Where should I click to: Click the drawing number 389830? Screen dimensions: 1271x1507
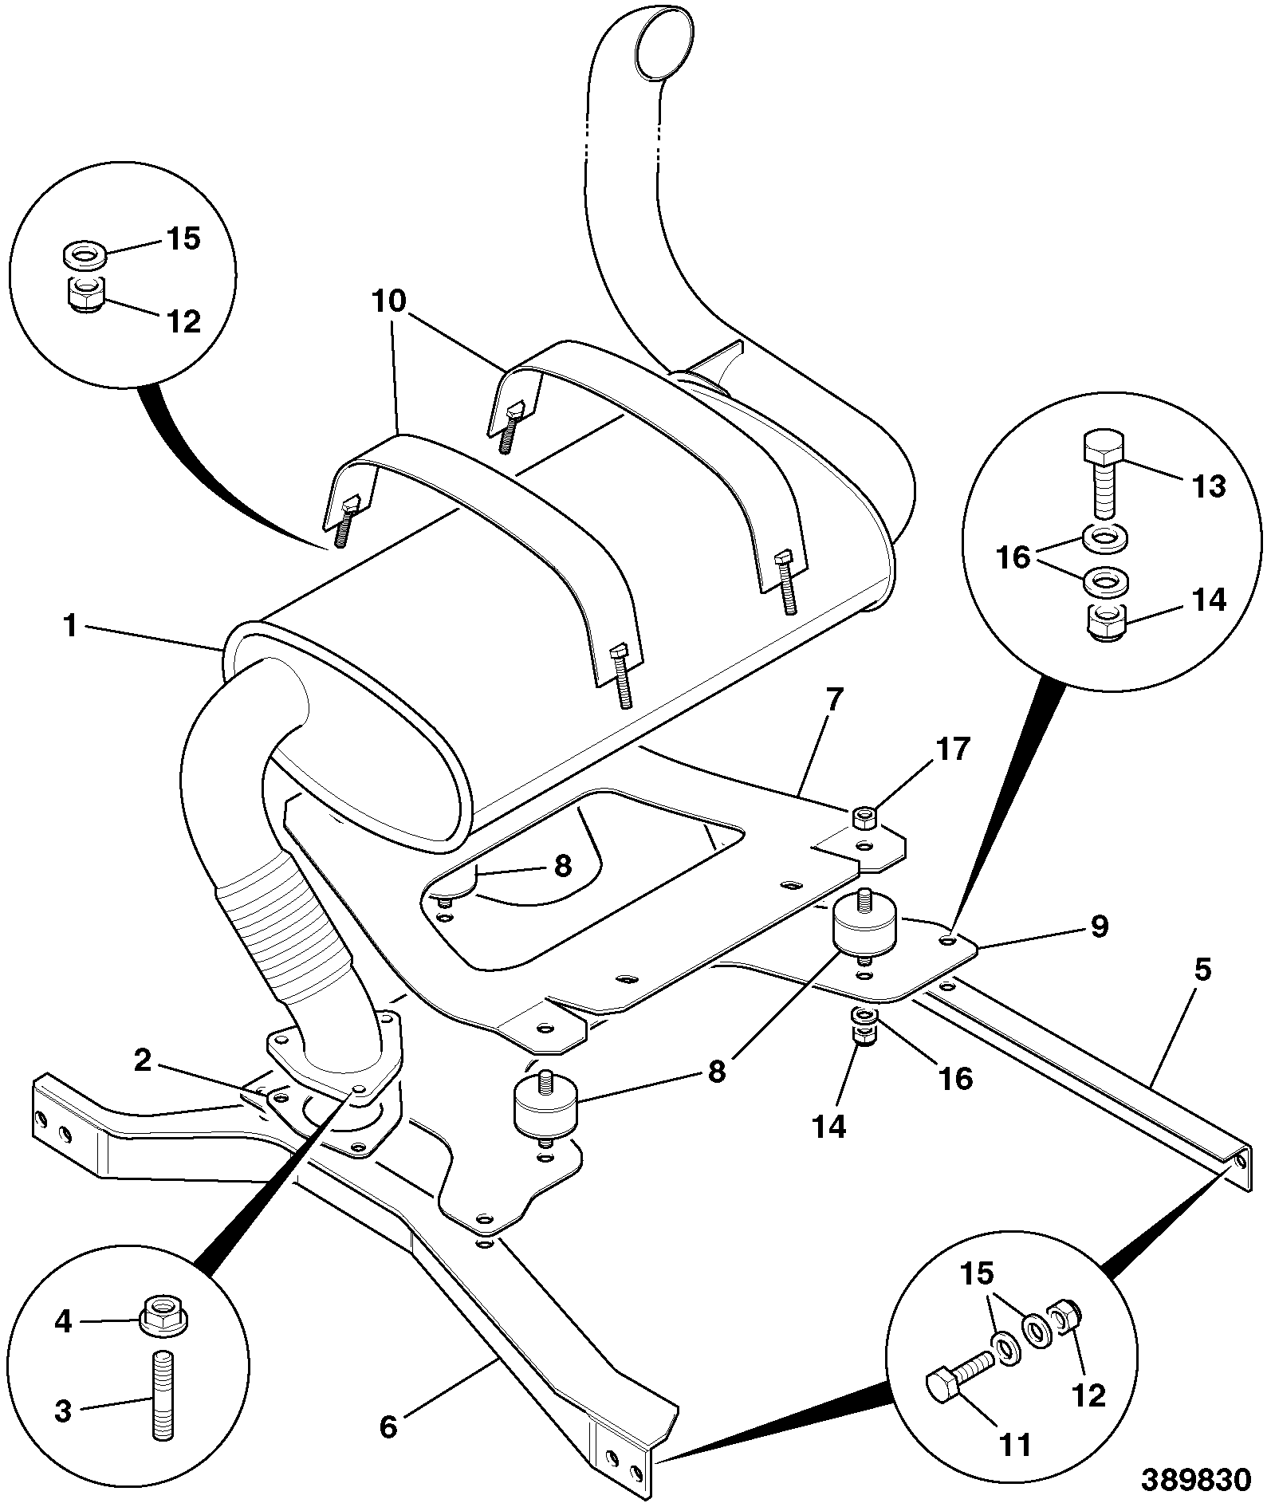[x=1195, y=1480]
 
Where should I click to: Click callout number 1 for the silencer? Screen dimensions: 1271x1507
[x=72, y=626]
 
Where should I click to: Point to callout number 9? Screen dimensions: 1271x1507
[x=1099, y=926]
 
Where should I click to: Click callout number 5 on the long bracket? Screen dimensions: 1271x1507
[x=1202, y=970]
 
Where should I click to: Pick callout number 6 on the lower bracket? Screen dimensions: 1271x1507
[x=388, y=1426]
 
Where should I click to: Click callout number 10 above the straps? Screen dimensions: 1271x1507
[x=388, y=302]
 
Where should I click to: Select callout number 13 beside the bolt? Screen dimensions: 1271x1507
[x=1209, y=486]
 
